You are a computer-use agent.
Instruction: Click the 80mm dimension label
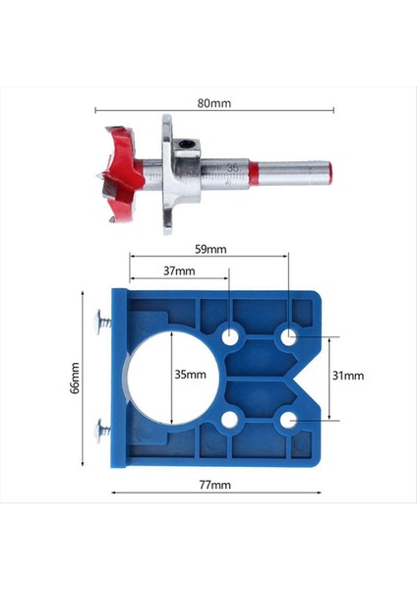[x=214, y=103]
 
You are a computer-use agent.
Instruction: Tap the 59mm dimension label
[x=210, y=249]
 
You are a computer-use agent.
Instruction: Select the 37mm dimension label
[x=179, y=271]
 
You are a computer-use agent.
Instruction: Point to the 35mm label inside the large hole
[x=191, y=375]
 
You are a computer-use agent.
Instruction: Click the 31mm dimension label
[x=348, y=376]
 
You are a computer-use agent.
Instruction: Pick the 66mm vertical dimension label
[x=75, y=378]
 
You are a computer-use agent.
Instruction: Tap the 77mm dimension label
[x=215, y=485]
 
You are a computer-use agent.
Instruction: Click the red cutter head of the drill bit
[x=120, y=175]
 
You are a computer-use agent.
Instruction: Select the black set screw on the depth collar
[x=186, y=145]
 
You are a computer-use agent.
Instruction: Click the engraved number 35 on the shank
[x=233, y=168]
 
